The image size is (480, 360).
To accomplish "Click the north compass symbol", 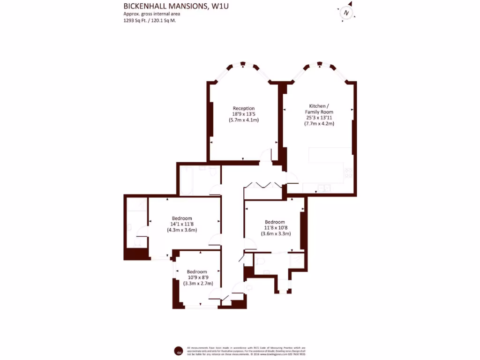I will tap(346, 13).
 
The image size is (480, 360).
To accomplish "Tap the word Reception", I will tap(244, 108).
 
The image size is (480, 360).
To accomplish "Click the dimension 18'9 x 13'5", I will tap(244, 114).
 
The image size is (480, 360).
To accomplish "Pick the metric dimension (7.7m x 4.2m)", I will tap(319, 124).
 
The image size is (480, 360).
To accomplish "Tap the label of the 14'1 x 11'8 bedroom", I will tap(182, 218).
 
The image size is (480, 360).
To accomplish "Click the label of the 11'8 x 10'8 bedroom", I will tap(275, 222).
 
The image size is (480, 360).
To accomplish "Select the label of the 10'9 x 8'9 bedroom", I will tap(197, 272).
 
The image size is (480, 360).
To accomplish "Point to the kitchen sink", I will tap(323, 188).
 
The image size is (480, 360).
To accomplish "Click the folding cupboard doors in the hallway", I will tap(264, 184).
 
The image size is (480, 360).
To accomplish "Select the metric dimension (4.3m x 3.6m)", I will tap(182, 230).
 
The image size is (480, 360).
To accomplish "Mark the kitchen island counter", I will tap(330, 156).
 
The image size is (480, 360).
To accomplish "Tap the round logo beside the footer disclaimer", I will tap(178, 351).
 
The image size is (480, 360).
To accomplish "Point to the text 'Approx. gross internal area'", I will tap(152, 14).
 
